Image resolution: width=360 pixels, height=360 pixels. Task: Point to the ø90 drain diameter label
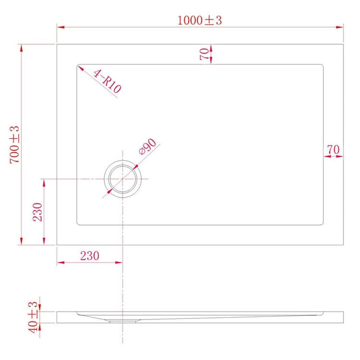[148, 148]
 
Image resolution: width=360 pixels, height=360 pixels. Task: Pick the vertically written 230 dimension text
[38, 211]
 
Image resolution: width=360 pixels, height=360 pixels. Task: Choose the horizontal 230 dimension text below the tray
[89, 256]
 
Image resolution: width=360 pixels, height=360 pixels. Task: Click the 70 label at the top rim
[204, 54]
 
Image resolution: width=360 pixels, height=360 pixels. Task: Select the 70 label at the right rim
[333, 150]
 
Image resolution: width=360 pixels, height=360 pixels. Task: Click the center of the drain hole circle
[122, 178]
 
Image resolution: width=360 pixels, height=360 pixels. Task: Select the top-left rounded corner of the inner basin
[79, 66]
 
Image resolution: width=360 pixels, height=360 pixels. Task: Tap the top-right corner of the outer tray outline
[343, 44]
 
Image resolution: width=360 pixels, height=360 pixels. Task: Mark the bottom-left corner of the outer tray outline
[57, 245]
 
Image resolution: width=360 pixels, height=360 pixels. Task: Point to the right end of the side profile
[343, 317]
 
